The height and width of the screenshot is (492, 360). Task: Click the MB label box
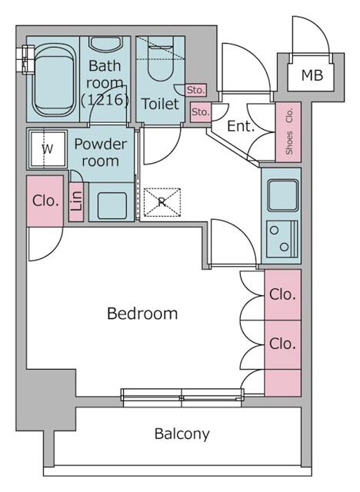click(312, 75)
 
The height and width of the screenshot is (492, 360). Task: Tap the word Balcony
click(182, 434)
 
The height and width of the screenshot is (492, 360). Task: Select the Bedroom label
click(142, 314)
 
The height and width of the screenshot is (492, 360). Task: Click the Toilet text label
click(160, 104)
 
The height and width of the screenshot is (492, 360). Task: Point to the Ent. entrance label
click(241, 127)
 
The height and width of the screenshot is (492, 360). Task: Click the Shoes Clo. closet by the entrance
click(288, 132)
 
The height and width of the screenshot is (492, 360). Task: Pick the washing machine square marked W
click(48, 149)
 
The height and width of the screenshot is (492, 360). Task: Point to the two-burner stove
click(282, 238)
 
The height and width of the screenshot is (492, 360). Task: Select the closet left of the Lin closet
click(45, 201)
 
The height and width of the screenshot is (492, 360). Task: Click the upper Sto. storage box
click(195, 91)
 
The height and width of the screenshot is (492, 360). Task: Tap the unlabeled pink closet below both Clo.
click(282, 382)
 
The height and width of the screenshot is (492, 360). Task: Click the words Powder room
click(102, 152)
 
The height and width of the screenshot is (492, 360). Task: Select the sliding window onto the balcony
click(182, 397)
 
